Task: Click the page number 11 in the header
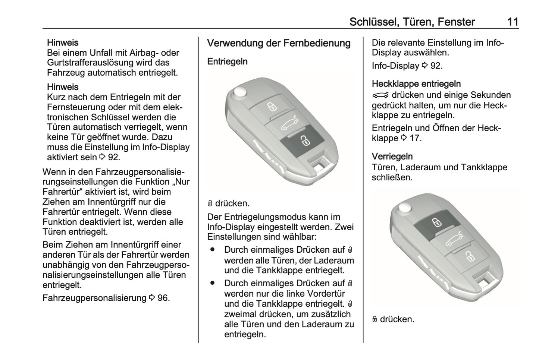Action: [x=513, y=22]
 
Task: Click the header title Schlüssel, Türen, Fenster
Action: [x=412, y=22]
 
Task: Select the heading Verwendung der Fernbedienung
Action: [x=279, y=43]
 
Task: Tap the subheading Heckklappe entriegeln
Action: [x=416, y=84]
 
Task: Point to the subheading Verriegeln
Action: [x=392, y=157]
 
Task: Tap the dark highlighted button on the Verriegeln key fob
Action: [x=435, y=223]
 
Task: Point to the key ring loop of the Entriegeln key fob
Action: [x=320, y=164]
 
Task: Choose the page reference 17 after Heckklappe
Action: [x=415, y=138]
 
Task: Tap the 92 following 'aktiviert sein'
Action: [x=113, y=157]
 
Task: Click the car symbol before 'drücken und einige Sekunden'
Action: [x=380, y=95]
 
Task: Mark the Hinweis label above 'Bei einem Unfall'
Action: [x=63, y=43]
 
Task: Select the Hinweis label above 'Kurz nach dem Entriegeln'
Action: [x=63, y=87]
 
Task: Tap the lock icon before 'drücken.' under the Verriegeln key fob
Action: [x=375, y=320]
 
